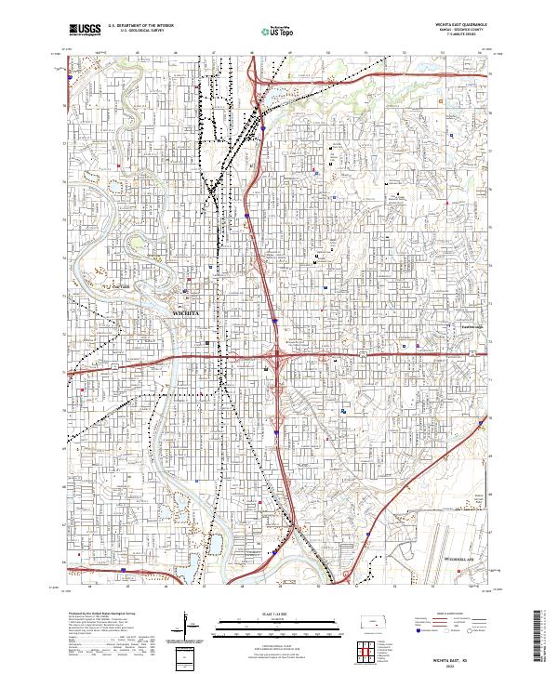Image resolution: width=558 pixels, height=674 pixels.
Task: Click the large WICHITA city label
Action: click(x=188, y=316)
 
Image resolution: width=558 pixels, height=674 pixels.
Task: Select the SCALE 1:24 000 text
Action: click(x=278, y=614)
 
